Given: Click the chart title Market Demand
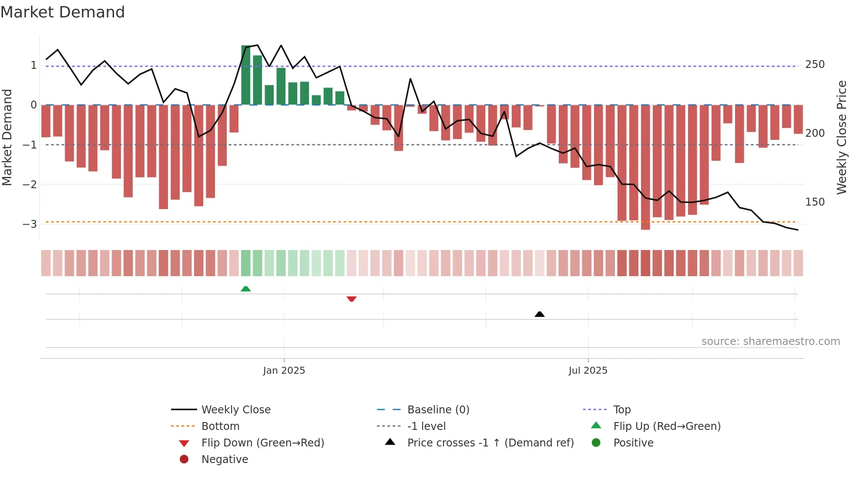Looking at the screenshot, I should coord(63,12).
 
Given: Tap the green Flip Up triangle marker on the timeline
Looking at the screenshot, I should coord(245,289).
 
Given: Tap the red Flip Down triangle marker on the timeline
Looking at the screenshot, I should coord(352,299).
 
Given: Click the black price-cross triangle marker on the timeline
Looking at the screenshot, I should coord(540,314).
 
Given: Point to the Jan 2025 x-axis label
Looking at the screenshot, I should coord(284,371).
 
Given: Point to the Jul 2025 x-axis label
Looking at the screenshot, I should coord(588,371).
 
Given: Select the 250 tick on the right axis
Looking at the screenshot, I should coord(815,64).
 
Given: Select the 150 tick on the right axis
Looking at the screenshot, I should coord(815,202).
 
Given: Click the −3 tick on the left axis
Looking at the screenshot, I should coord(30,224).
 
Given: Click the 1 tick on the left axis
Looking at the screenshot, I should coord(34,65).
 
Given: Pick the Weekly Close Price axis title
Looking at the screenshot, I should coord(842,137).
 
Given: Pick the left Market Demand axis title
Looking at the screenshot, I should coord(7,137).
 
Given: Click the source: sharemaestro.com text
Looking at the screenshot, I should coord(770,341).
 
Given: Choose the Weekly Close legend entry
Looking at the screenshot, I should coord(235,410).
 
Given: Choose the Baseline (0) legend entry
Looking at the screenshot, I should coord(438,410).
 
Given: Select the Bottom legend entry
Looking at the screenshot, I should coord(220,426).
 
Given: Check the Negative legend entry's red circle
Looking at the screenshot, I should coord(184,460).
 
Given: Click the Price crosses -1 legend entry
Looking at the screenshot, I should coord(490,443).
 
